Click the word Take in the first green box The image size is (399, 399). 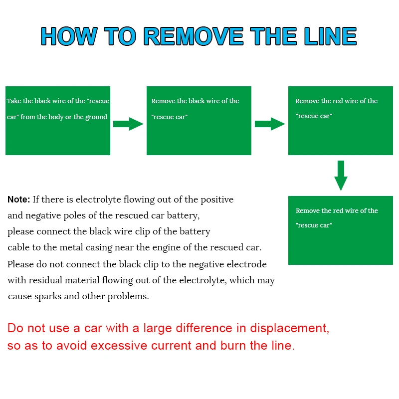tap(13, 101)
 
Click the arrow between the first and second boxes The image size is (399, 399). tap(128, 124)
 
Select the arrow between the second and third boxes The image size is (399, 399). tap(270, 124)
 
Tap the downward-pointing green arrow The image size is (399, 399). tap(341, 176)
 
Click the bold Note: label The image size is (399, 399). tap(19, 199)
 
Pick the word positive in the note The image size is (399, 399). tap(217, 199)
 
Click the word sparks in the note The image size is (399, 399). tap(49, 296)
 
